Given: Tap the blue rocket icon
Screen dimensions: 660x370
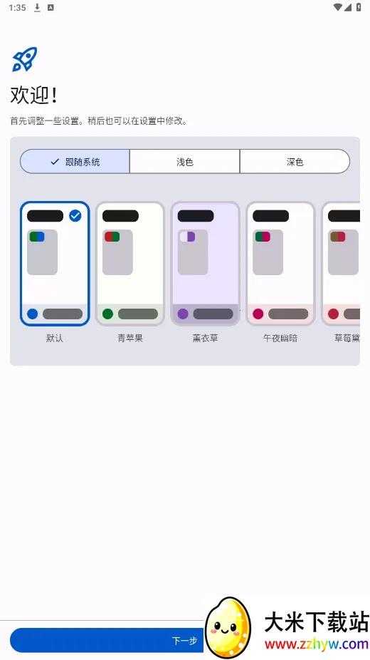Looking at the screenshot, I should (24, 59).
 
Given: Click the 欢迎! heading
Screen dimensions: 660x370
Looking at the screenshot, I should (34, 96).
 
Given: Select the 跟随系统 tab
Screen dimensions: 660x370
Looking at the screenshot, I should (75, 162).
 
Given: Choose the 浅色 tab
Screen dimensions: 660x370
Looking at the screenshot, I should (184, 162).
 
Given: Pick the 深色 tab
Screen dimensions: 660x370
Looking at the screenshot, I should (295, 162).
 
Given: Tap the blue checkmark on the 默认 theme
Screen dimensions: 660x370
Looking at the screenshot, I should (75, 215).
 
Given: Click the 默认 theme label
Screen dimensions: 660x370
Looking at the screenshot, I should (55, 339).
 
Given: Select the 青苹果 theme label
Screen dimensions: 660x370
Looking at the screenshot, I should (130, 339).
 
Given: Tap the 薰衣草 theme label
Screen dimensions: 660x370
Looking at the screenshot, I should (205, 339).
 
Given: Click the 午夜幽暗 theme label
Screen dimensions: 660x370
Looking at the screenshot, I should (280, 339).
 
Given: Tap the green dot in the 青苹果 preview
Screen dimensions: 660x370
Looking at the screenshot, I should (107, 314).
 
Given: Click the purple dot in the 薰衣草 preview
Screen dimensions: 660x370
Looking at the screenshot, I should (183, 314).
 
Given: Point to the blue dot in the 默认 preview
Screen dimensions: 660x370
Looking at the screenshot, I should (32, 314).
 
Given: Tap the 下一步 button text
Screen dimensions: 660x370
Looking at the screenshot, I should (184, 641).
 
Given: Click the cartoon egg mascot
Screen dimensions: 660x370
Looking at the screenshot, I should (228, 627).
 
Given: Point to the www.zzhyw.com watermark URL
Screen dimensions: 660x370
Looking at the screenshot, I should (316, 644).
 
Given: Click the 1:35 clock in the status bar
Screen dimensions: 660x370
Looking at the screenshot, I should (18, 8).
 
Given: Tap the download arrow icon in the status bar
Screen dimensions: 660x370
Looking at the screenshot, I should (37, 8).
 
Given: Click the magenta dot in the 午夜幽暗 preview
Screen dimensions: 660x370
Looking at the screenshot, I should (258, 314).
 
